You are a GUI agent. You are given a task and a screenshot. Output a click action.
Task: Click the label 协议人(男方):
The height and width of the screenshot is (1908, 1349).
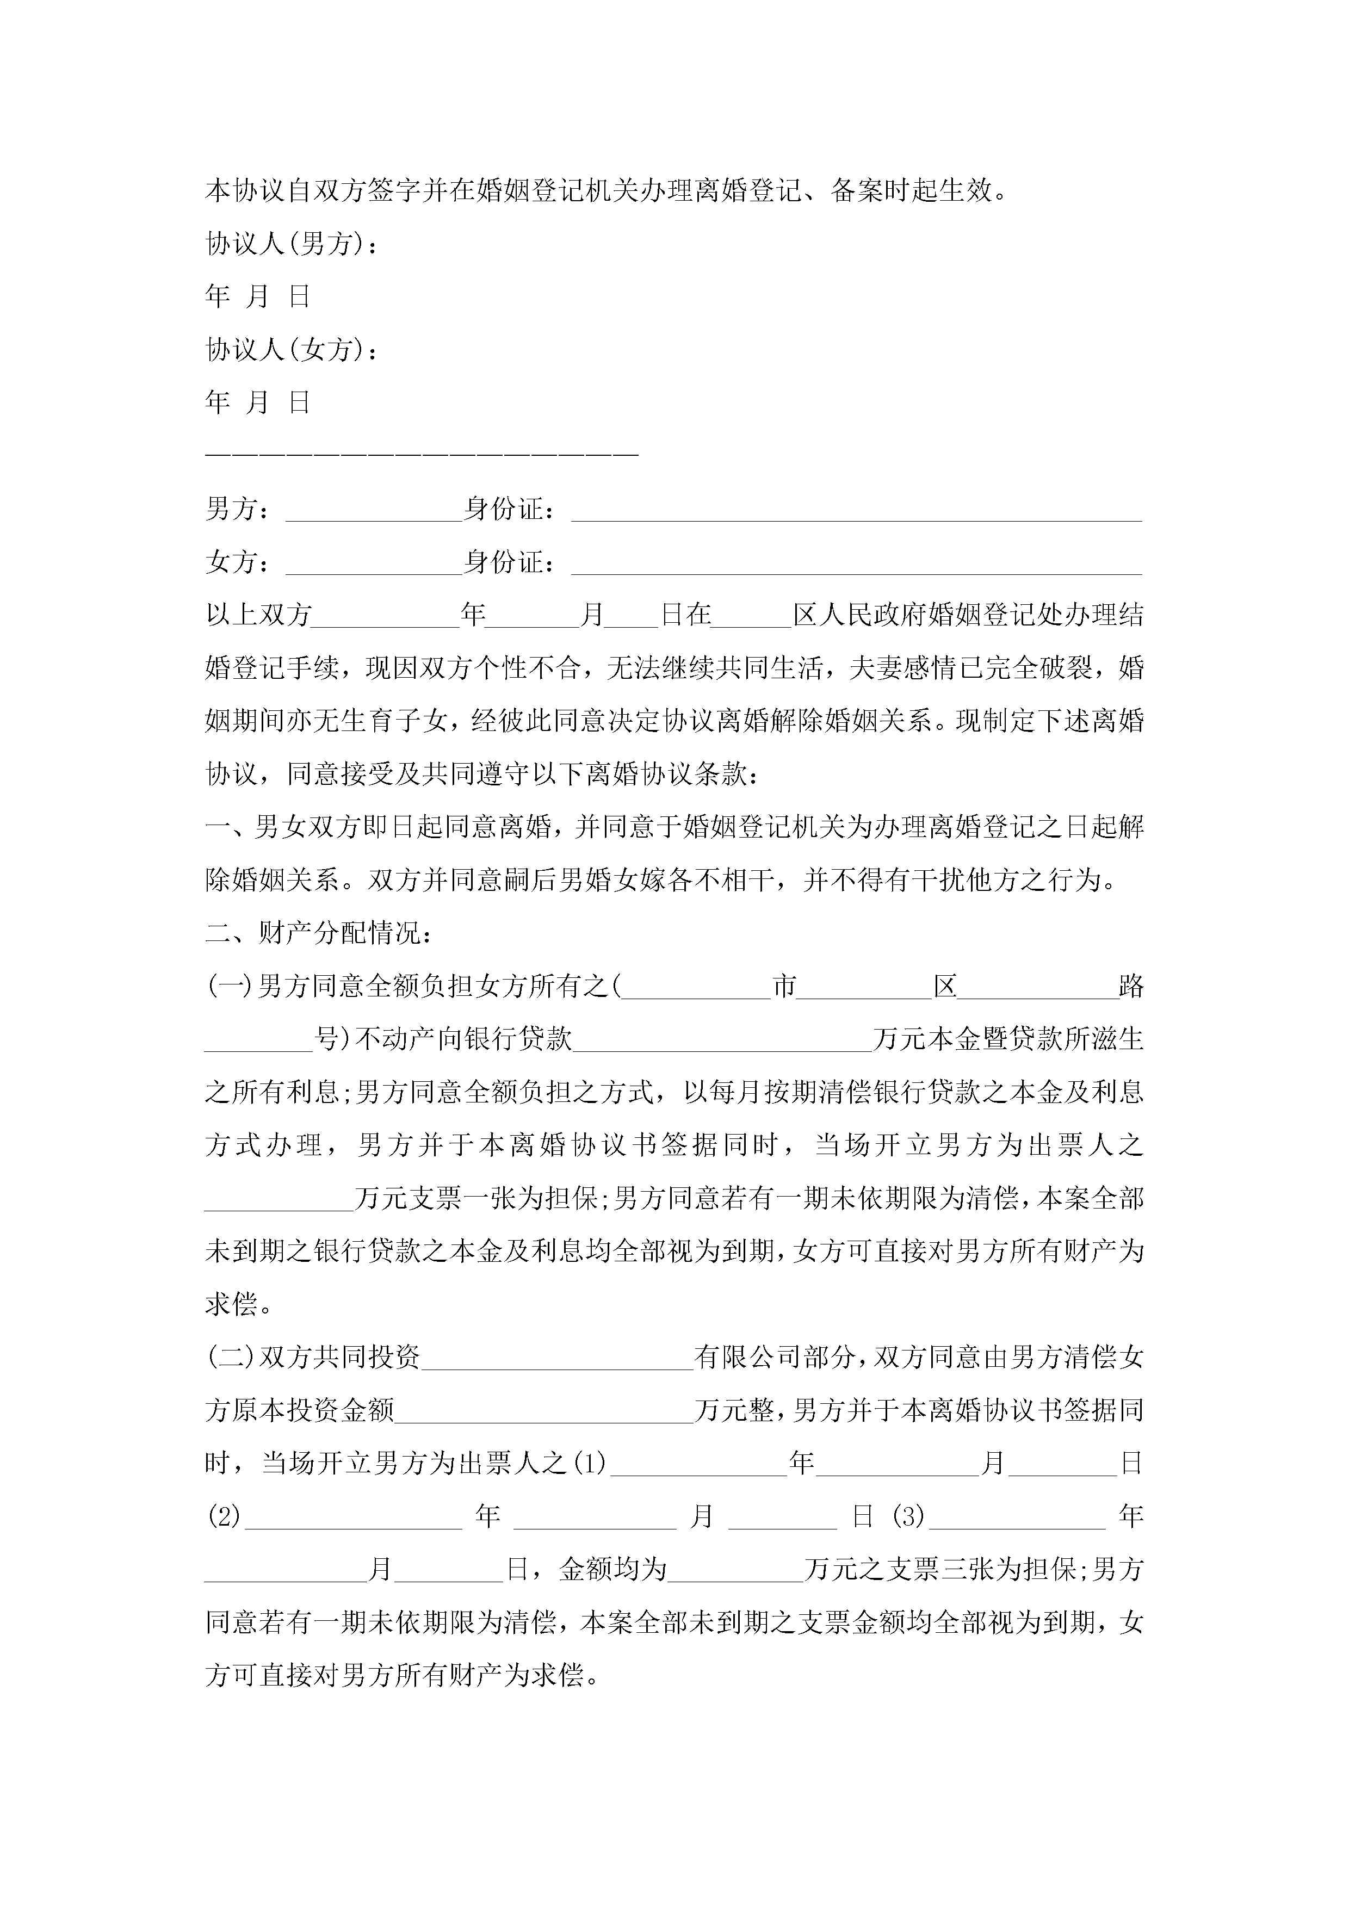click(x=291, y=244)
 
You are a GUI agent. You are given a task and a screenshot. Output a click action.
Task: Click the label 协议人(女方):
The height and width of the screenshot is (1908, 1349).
click(x=291, y=350)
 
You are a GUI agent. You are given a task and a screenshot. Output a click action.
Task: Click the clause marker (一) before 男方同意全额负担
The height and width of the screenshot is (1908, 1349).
click(x=228, y=987)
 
